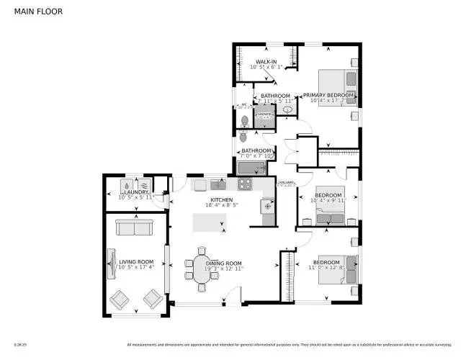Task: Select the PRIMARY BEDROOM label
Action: tap(328, 95)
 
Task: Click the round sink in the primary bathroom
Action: tap(287, 110)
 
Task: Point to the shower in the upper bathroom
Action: tap(264, 115)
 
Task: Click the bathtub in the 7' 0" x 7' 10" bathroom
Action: tap(251, 168)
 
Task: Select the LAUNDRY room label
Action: tap(135, 192)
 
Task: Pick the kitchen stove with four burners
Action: tap(244, 184)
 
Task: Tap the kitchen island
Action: tap(209, 225)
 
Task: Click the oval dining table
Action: tap(199, 266)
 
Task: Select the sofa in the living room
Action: tap(135, 228)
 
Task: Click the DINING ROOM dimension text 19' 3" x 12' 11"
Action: tap(224, 269)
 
